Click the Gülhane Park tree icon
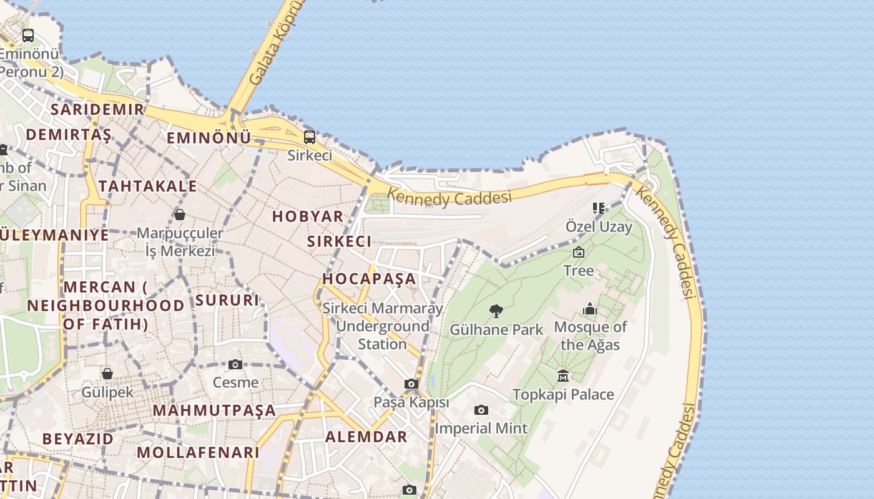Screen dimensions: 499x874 coord(496,311)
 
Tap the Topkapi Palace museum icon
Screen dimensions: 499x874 coord(563,375)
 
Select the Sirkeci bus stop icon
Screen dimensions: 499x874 coord(310,137)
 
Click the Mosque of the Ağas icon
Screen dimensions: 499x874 coord(590,309)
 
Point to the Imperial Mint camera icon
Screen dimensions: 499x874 coord(481,410)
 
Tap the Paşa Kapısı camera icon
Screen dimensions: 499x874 coord(411,384)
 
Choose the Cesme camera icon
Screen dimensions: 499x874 coord(235,364)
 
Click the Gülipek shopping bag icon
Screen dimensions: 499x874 coord(107,374)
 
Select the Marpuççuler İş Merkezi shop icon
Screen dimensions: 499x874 coord(180,215)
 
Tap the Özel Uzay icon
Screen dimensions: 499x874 coord(599,208)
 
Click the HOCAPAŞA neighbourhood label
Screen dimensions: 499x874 coord(369,279)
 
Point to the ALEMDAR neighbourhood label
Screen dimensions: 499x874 coord(366,437)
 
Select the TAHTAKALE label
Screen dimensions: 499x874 coord(147,186)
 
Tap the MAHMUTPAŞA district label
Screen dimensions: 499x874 coord(214,410)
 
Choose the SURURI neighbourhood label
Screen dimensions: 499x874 coord(227,300)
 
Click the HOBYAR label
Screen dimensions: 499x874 coord(308,216)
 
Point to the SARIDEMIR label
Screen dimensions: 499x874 coord(97,110)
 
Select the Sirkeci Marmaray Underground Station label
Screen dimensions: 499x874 coord(382,326)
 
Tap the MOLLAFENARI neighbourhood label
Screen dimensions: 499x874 coord(198,452)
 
